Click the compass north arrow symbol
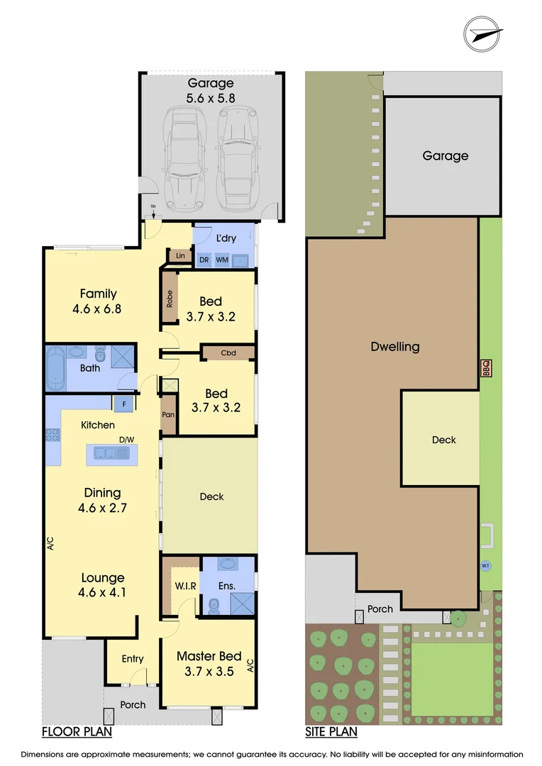point(484,33)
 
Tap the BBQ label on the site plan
point(486,368)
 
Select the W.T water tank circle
point(486,565)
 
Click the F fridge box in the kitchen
point(123,404)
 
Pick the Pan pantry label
point(168,415)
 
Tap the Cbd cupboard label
point(228,353)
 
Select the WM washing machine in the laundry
point(222,260)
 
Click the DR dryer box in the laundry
point(204,260)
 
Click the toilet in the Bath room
point(99,353)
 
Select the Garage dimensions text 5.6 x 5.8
point(210,99)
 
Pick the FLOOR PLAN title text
point(77,731)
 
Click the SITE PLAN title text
point(331,731)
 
